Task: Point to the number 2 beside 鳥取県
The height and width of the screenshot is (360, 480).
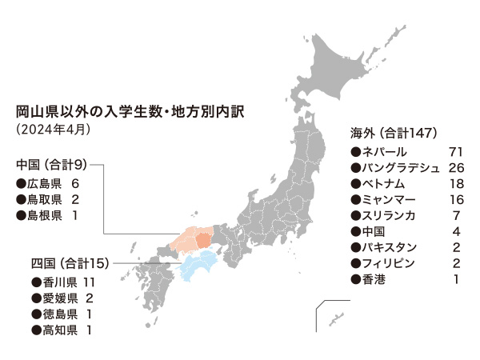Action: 74,199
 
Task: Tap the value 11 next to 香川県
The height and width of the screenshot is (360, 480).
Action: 89,282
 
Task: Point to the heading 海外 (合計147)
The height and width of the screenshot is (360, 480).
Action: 393,131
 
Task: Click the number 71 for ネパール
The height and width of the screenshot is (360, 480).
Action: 457,150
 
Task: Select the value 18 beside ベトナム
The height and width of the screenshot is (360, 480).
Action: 457,183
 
